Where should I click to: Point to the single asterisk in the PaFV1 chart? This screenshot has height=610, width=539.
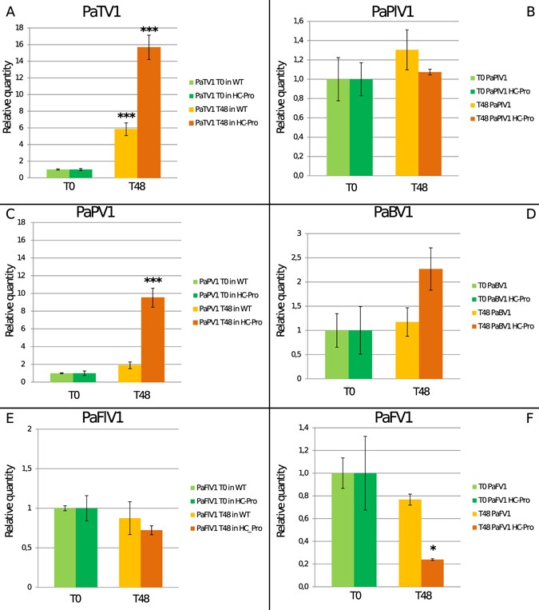432,549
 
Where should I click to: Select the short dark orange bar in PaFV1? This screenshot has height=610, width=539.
432,572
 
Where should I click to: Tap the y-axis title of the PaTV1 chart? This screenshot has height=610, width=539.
10,102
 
